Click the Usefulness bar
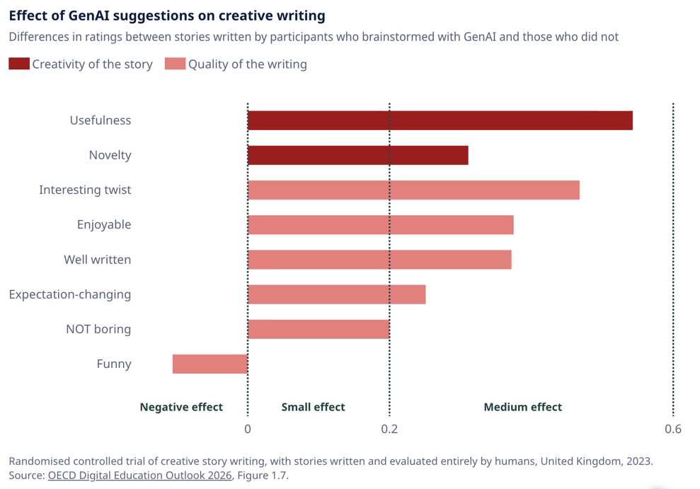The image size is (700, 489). pyautogui.click(x=440, y=120)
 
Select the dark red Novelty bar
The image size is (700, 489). pyautogui.click(x=357, y=155)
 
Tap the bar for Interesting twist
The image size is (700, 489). pyautogui.click(x=413, y=190)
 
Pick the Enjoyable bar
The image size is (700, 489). pyautogui.click(x=380, y=225)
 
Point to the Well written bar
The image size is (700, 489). pyautogui.click(x=379, y=260)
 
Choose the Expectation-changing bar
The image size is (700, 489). pyautogui.click(x=336, y=294)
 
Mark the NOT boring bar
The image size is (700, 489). pyautogui.click(x=319, y=329)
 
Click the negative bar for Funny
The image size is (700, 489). pyautogui.click(x=210, y=364)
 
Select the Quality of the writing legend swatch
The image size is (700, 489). pyautogui.click(x=174, y=64)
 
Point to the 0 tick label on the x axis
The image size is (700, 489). pyautogui.click(x=248, y=429)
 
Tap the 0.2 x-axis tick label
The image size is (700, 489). pyautogui.click(x=389, y=429)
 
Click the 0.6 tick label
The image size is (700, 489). pyautogui.click(x=673, y=429)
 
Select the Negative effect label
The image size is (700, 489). pyautogui.click(x=181, y=407)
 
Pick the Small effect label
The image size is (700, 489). pyautogui.click(x=313, y=407)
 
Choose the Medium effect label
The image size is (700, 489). pyautogui.click(x=522, y=407)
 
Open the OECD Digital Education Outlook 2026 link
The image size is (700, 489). pyautogui.click(x=139, y=476)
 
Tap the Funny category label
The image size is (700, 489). pyautogui.click(x=114, y=364)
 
